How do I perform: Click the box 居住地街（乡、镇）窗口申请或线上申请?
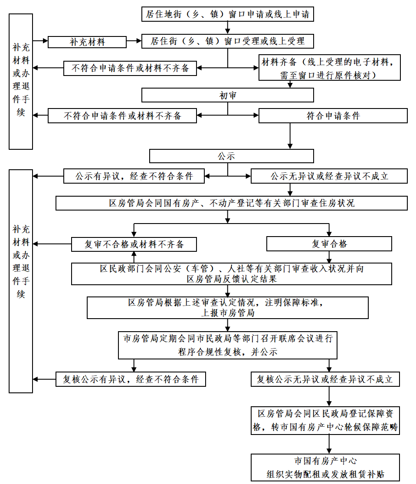click(x=227, y=14)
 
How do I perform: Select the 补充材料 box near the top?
click(x=87, y=42)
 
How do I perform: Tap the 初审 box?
click(x=227, y=95)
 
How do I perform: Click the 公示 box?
click(x=231, y=156)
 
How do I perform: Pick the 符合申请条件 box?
click(x=333, y=116)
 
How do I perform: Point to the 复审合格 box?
click(x=329, y=244)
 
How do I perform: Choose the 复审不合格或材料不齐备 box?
click(x=134, y=244)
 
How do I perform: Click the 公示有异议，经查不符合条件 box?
click(x=134, y=176)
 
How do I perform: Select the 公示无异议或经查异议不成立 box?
click(x=329, y=176)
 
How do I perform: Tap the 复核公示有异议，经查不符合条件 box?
click(x=131, y=379)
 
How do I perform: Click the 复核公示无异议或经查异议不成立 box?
click(x=324, y=379)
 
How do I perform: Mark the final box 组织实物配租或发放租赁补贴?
click(x=325, y=468)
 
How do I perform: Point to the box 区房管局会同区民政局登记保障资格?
click(x=325, y=420)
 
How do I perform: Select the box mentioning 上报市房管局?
click(x=227, y=308)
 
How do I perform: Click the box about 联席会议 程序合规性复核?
click(x=227, y=345)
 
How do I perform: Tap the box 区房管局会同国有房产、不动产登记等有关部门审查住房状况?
click(x=231, y=203)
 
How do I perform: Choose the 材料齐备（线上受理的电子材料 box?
click(x=329, y=68)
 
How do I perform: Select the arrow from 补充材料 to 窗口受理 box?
click(x=134, y=42)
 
